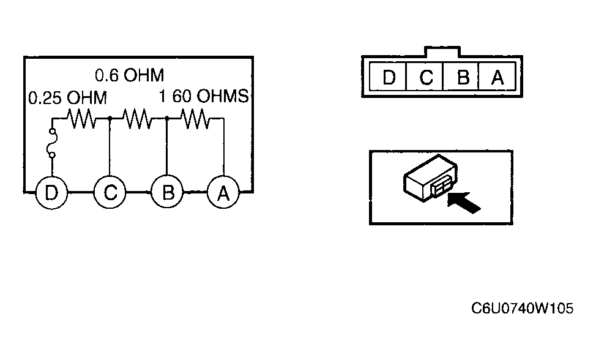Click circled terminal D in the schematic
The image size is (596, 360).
51,193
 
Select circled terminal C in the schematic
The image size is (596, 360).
110,193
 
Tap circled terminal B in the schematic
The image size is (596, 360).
167,193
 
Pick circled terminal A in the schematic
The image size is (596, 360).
223,193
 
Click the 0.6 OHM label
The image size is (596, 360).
130,75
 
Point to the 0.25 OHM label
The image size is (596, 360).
68,98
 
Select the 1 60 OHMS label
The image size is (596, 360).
203,96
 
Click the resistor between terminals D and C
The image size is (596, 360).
81,119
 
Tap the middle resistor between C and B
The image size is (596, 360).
138,119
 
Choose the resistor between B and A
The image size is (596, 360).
195,119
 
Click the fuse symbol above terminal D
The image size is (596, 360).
52,143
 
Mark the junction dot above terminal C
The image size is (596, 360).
110,119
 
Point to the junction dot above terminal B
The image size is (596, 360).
167,119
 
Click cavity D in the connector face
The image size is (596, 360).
388,77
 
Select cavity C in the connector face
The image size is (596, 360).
425,77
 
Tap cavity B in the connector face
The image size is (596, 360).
461,77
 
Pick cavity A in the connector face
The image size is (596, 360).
497,77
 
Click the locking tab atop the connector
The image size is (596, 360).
442,51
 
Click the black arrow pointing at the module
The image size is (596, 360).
464,203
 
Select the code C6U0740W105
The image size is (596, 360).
522,309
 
